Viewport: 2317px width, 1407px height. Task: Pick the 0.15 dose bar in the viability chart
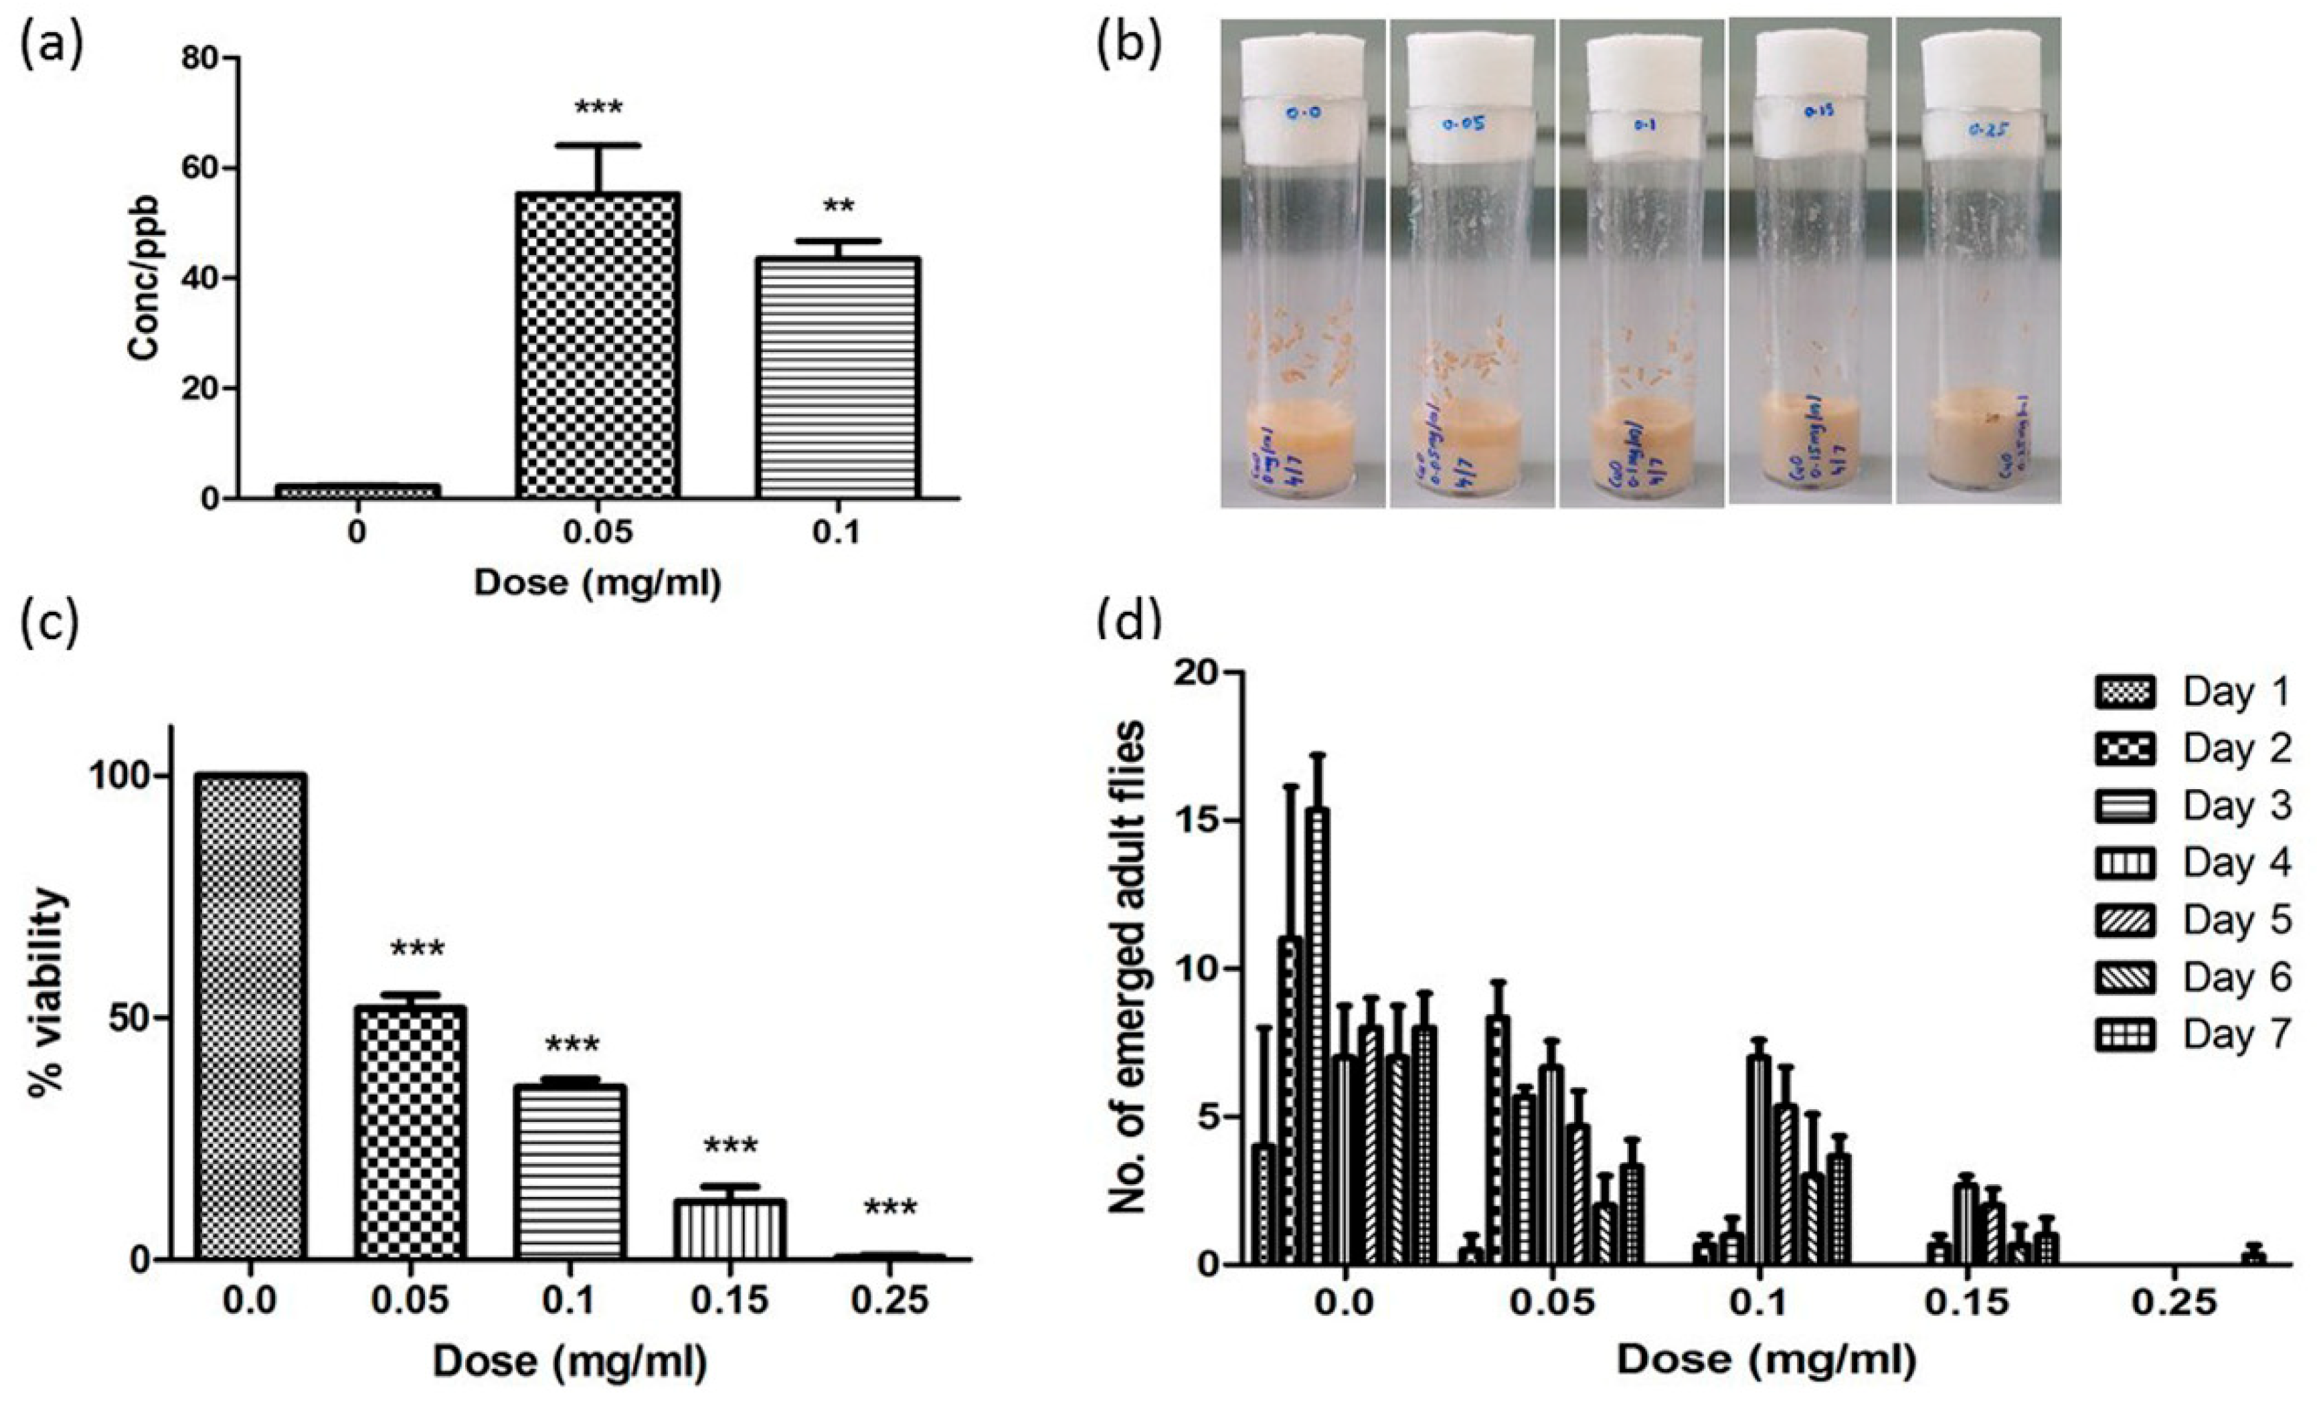[x=730, y=1228]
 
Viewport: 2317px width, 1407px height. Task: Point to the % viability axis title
[x=47, y=993]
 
